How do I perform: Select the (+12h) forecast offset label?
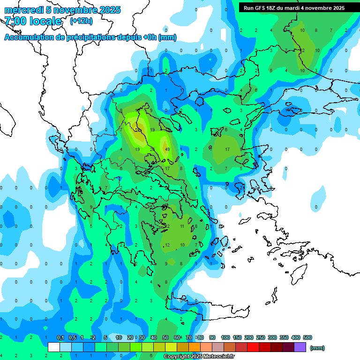(x=81, y=21)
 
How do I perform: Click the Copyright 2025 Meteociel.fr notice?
(x=198, y=357)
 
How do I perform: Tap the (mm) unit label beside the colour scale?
(x=317, y=348)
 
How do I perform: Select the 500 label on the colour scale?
(x=307, y=337)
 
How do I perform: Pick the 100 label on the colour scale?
(x=225, y=337)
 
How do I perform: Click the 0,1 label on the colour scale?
(x=60, y=337)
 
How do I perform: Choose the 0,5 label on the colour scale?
(x=72, y=337)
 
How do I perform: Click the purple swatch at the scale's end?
(x=300, y=347)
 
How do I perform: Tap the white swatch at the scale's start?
(x=54, y=347)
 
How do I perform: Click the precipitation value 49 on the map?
(x=167, y=149)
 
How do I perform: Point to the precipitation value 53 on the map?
(x=138, y=129)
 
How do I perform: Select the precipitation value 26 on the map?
(x=152, y=149)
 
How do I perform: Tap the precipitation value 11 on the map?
(x=182, y=226)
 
